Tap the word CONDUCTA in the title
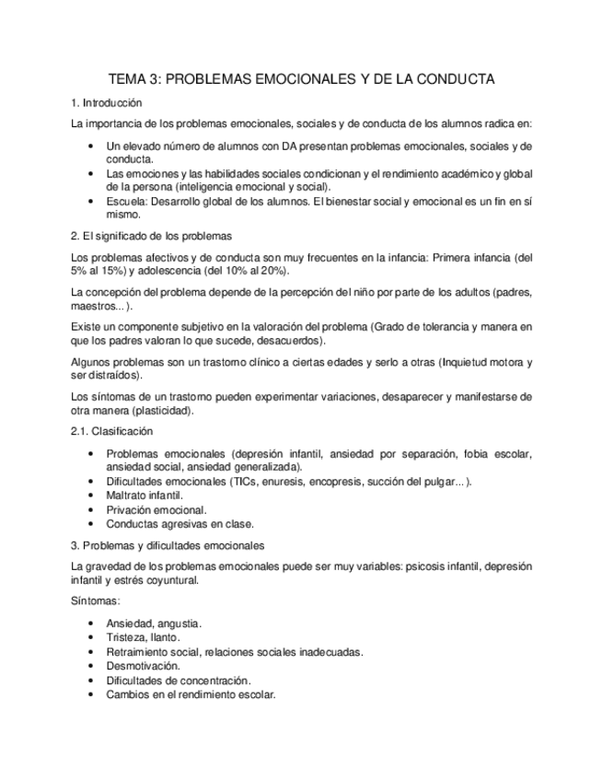click(451, 79)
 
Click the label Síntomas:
click(97, 600)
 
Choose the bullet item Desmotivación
click(143, 665)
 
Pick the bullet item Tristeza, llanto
click(143, 637)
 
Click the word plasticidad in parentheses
click(162, 411)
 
